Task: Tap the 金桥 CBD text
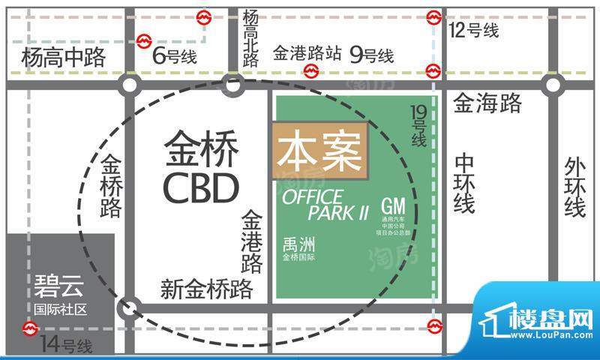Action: pos(200,169)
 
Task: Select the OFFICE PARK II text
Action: pos(325,204)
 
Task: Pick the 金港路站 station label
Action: pos(307,54)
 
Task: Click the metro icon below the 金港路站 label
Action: pos(310,71)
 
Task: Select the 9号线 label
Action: pos(371,54)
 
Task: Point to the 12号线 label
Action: pos(473,31)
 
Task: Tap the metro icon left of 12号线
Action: pos(433,17)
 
